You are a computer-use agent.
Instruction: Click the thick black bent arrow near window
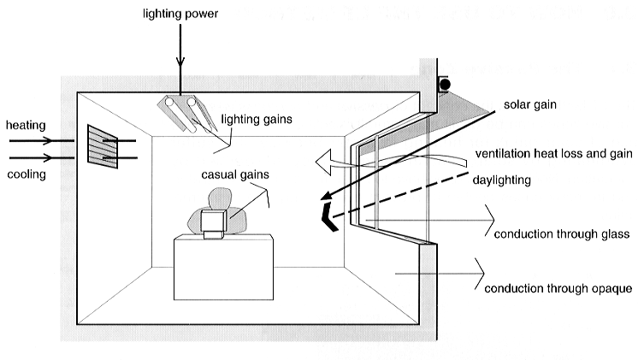[325, 215]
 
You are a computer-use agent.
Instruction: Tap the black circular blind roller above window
[445, 84]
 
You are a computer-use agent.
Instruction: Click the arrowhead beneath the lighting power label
[180, 63]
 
